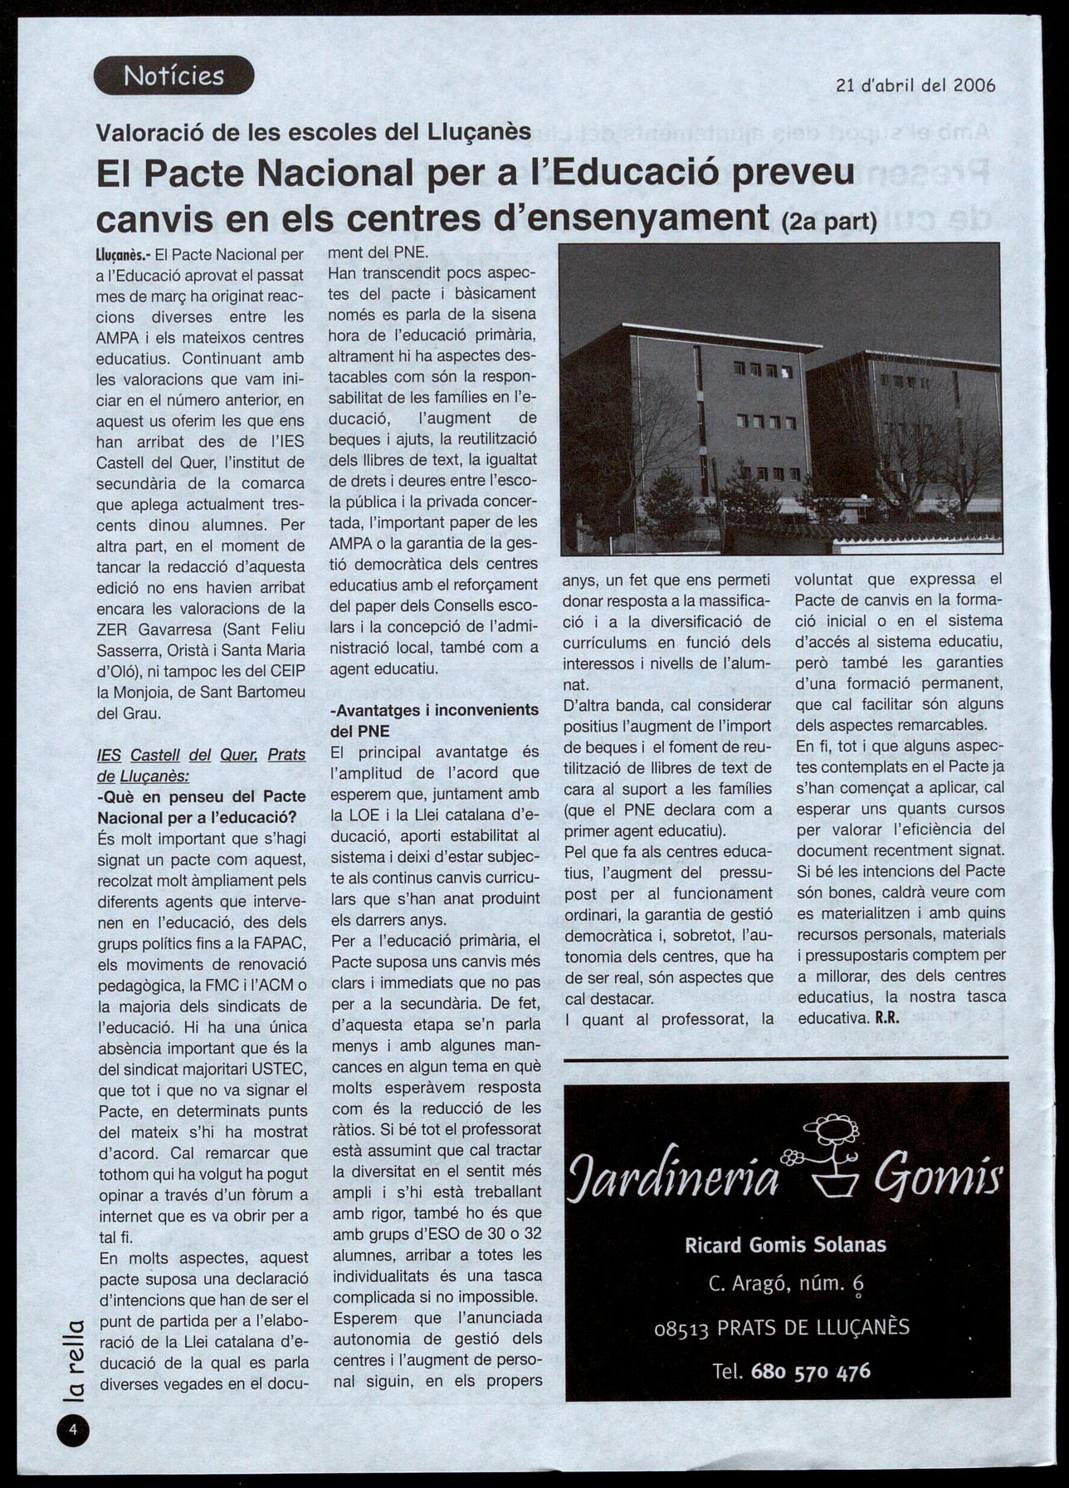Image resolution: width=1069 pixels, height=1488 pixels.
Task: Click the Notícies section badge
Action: (x=173, y=76)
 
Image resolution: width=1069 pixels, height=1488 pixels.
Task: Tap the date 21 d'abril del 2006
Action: (x=915, y=85)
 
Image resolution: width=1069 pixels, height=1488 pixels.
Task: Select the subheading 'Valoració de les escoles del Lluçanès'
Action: (x=314, y=132)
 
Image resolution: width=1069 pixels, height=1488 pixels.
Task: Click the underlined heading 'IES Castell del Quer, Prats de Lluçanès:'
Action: (x=201, y=765)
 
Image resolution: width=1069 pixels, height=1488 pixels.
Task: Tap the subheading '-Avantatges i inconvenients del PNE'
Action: (x=434, y=720)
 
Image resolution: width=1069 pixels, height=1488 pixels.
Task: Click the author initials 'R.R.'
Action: (x=887, y=1018)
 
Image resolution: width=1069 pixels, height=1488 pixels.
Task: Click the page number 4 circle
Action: (x=73, y=1429)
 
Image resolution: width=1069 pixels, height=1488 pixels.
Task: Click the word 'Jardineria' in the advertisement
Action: (x=673, y=1179)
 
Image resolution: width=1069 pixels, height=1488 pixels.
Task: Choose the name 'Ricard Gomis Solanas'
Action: (x=785, y=1245)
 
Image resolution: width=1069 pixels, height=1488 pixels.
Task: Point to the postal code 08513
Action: (x=681, y=1328)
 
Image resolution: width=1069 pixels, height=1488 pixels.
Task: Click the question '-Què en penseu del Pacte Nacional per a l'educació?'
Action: (x=202, y=806)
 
